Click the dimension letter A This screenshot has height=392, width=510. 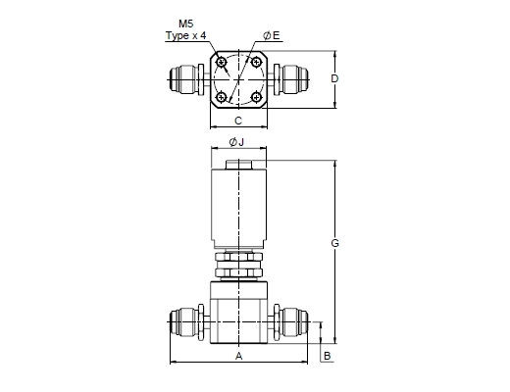coord(239,356)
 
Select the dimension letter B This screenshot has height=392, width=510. coord(327,356)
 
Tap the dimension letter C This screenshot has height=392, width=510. coord(238,121)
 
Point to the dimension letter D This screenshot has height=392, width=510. coord(334,78)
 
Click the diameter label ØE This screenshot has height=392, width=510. coord(272,35)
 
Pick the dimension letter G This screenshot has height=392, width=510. coord(334,243)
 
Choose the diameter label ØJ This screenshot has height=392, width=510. coord(236,142)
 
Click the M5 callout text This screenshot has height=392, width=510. coord(186,24)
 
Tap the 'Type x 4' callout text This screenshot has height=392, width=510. coord(186,35)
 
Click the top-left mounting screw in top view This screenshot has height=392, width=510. coord(222,62)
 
